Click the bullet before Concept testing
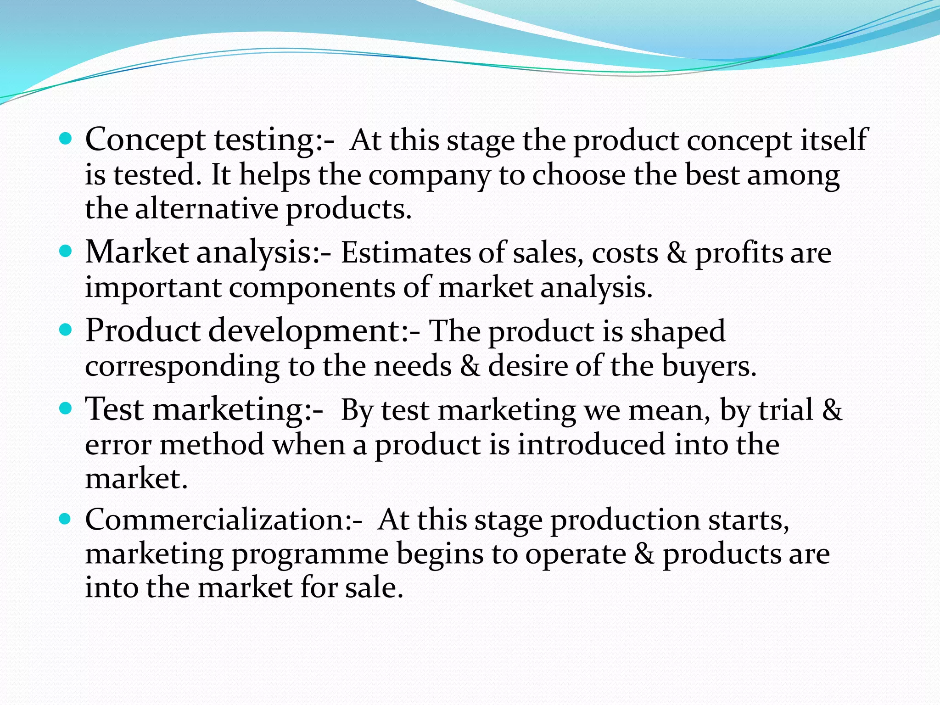(x=66, y=138)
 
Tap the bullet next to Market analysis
(x=66, y=251)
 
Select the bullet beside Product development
(x=66, y=330)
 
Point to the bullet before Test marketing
(x=66, y=408)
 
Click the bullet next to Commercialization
(x=66, y=519)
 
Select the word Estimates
(x=405, y=253)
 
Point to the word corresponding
(x=182, y=367)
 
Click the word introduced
(x=591, y=445)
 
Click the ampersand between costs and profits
(x=677, y=253)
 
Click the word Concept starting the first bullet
(x=145, y=140)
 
